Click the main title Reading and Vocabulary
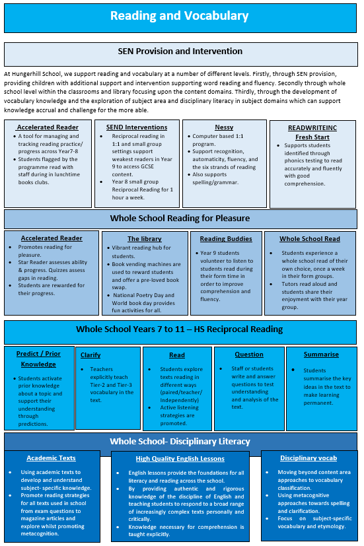click(180, 16)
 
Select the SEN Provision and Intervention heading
click(180, 51)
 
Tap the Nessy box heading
click(224, 127)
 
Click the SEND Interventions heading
click(137, 127)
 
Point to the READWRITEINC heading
click(312, 128)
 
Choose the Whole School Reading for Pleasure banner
click(180, 219)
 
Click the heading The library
click(145, 239)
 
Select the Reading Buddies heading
click(226, 239)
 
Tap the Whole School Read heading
click(310, 239)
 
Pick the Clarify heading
click(91, 355)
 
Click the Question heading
click(249, 355)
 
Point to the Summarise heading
click(321, 355)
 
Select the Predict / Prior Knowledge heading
click(38, 359)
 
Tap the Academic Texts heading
click(52, 458)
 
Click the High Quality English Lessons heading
click(180, 459)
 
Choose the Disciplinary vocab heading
click(309, 458)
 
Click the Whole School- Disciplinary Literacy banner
click(180, 442)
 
